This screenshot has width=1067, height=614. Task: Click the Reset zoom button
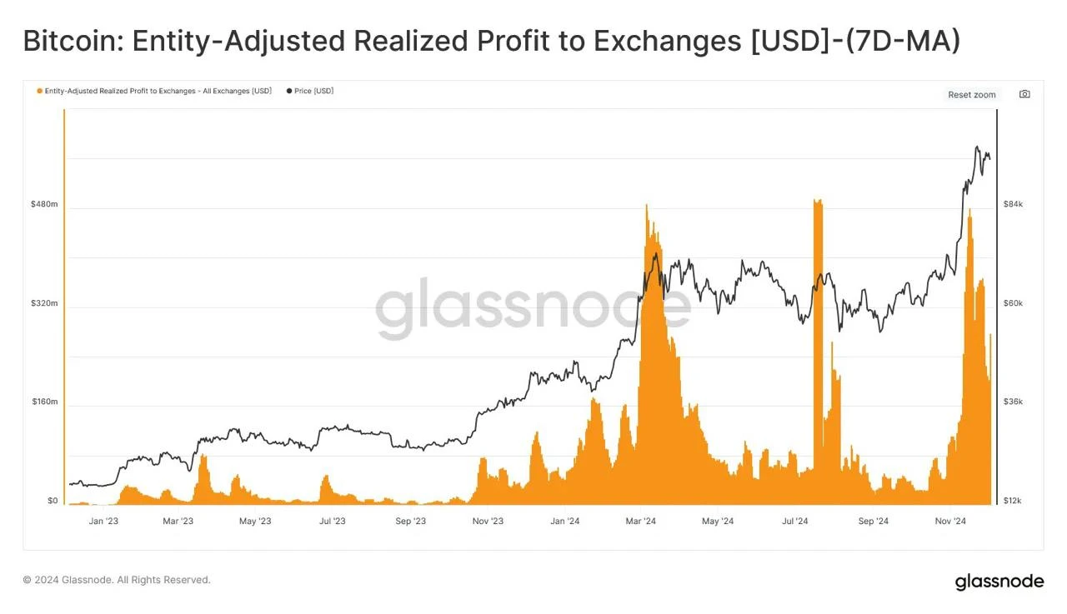pos(972,95)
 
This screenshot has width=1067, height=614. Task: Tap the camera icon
pos(1024,94)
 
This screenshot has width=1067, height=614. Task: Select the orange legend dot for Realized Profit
pos(39,91)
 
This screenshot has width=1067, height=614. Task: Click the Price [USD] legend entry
pos(310,91)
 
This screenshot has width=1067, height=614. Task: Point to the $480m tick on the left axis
pos(44,204)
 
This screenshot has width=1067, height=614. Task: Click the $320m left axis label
pos(44,303)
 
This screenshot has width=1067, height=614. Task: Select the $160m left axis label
pos(45,402)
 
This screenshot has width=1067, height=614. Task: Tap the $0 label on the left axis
pos(53,501)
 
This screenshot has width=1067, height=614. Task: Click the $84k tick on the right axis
pos(1013,204)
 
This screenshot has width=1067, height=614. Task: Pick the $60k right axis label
pos(1013,303)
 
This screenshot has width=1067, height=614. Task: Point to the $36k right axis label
pos(1013,402)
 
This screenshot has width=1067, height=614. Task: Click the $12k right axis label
pos(1012,501)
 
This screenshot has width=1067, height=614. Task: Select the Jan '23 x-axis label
pos(103,522)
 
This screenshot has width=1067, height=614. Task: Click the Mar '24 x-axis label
pos(641,522)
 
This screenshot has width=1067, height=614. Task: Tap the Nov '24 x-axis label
pos(950,522)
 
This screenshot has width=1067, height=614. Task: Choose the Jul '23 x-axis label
pos(333,522)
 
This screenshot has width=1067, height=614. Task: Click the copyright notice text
pos(117,580)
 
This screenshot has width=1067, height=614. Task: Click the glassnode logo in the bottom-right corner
pos(999,582)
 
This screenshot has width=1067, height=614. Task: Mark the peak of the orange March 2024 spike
pos(646,205)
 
